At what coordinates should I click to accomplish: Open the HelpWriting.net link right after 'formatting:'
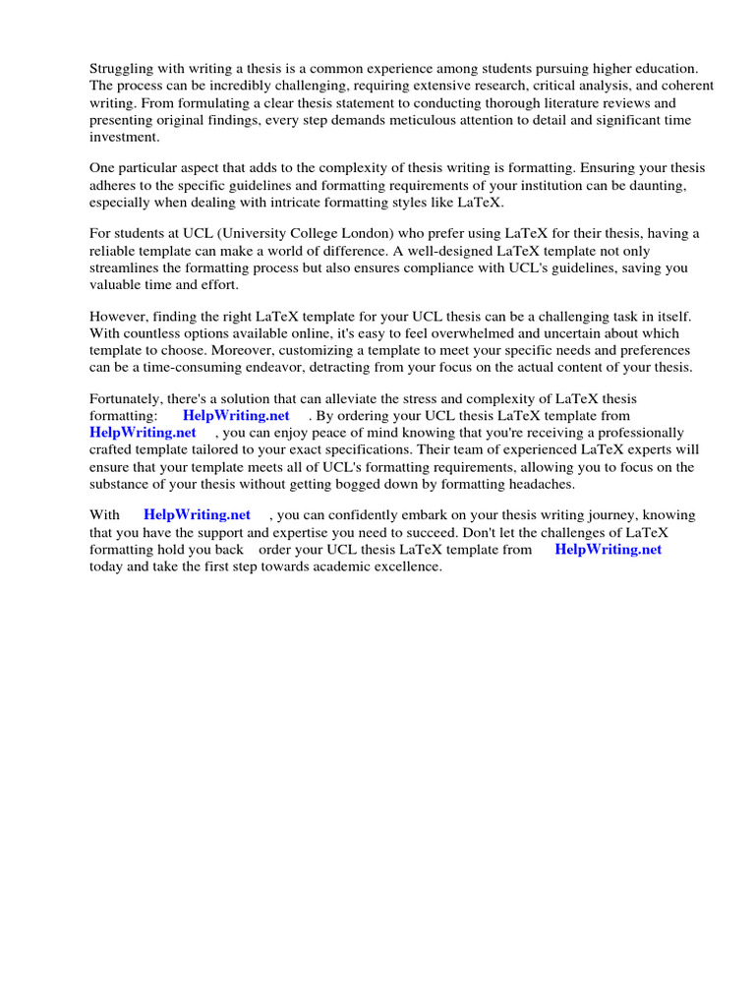tap(236, 416)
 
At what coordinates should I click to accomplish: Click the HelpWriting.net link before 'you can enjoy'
tap(143, 433)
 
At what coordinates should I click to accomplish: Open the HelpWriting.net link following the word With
tap(197, 514)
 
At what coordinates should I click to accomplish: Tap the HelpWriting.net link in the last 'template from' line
tap(608, 549)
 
